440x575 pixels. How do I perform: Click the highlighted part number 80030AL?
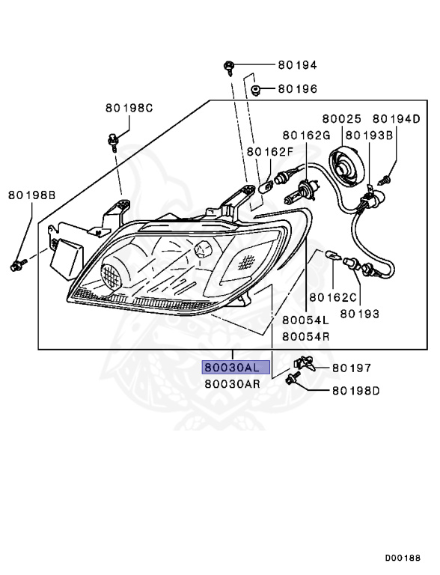pos(231,368)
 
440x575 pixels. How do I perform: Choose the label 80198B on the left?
pos(32,195)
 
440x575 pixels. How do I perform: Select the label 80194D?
pos(397,118)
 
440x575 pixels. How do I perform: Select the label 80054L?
pos(305,320)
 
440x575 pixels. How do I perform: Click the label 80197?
pos(352,368)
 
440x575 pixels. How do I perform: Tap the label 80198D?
pos(355,390)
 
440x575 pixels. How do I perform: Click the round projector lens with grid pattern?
pos(111,276)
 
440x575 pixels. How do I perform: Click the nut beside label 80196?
pos(256,90)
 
